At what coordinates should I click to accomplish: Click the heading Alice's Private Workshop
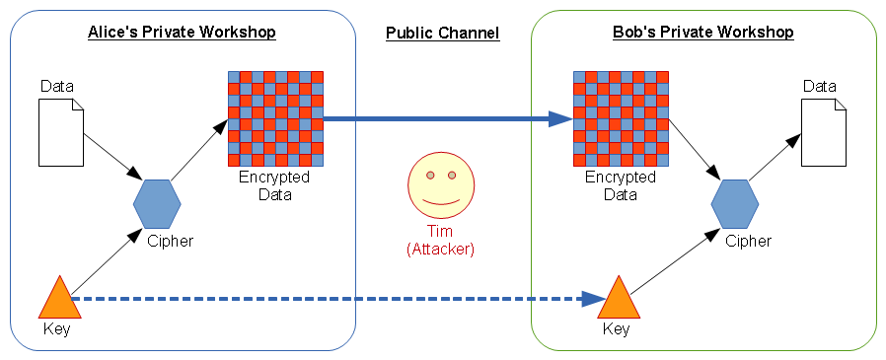(182, 33)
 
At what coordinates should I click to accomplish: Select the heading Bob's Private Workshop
(702, 33)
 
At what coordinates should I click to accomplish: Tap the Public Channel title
(442, 34)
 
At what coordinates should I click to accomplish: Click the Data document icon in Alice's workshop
(61, 135)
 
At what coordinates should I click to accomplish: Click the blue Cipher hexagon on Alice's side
(157, 204)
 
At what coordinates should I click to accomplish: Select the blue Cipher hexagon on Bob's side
(735, 204)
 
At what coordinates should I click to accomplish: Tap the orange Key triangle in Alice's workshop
(57, 299)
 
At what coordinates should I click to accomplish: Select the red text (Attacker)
(440, 251)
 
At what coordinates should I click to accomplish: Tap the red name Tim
(440, 233)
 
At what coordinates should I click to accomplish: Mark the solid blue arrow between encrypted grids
(444, 119)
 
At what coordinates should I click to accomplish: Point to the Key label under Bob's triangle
(616, 328)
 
